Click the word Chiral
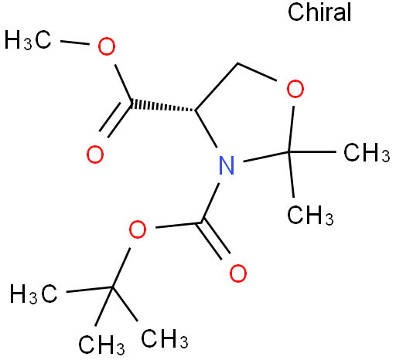point(319,12)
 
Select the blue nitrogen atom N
point(227,165)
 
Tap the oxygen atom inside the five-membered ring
point(295,89)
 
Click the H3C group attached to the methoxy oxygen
point(28,39)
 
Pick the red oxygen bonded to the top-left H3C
point(107,46)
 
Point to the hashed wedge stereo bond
point(163,107)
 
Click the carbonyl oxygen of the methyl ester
point(95,155)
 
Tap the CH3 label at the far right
point(367,153)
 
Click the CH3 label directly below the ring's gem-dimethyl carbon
point(310,216)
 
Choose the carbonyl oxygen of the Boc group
point(237,273)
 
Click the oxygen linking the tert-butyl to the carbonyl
point(138,229)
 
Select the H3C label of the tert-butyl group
point(33,294)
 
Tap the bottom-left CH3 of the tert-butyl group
point(101,345)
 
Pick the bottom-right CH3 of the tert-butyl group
point(165,338)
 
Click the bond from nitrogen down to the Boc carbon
point(210,202)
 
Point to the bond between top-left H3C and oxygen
point(75,42)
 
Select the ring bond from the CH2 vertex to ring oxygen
point(257,72)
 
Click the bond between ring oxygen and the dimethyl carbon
point(292,129)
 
